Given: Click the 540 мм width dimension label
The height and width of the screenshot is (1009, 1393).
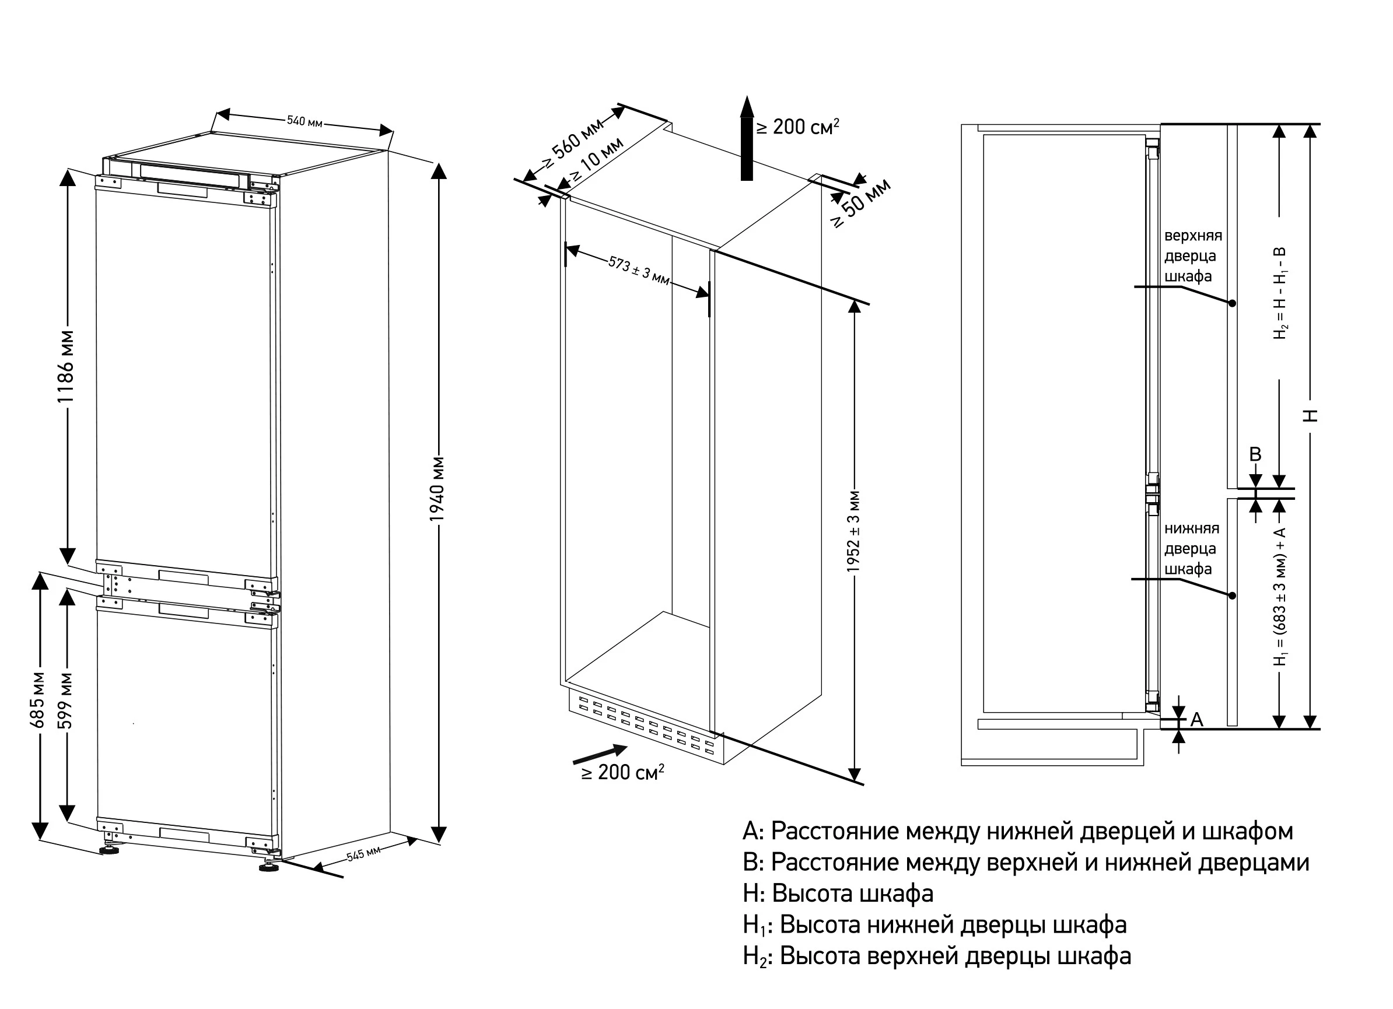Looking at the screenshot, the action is click(x=304, y=121).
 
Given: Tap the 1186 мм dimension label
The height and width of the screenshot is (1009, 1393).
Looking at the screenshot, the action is click(x=66, y=367).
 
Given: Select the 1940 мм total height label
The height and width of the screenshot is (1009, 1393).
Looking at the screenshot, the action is click(x=437, y=489).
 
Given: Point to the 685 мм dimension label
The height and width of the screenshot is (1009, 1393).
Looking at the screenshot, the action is click(x=37, y=699).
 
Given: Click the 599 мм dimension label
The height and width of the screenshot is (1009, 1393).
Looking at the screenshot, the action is click(x=65, y=700).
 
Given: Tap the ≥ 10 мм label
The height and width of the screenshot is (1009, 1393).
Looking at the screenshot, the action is click(x=596, y=160).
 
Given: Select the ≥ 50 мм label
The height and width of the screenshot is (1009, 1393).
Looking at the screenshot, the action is click(x=860, y=204).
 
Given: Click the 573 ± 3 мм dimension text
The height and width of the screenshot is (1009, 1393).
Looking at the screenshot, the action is click(x=639, y=271).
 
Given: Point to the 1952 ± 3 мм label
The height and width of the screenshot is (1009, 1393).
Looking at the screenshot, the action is click(x=854, y=531).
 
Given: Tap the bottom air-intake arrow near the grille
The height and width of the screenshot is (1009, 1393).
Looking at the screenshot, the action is click(x=600, y=755).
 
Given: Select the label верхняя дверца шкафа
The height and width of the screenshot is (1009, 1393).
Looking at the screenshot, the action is click(x=1193, y=256).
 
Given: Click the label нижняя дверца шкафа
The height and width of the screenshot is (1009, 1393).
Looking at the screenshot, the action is click(x=1192, y=548).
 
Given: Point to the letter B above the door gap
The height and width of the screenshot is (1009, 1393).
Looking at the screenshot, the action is click(x=1255, y=454).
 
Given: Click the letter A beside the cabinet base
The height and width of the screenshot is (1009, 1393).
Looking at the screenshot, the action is click(x=1196, y=719).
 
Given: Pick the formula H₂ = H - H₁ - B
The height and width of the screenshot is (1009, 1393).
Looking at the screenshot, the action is click(x=1280, y=293).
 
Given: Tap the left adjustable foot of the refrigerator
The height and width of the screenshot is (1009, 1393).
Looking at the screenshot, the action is click(x=110, y=850).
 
